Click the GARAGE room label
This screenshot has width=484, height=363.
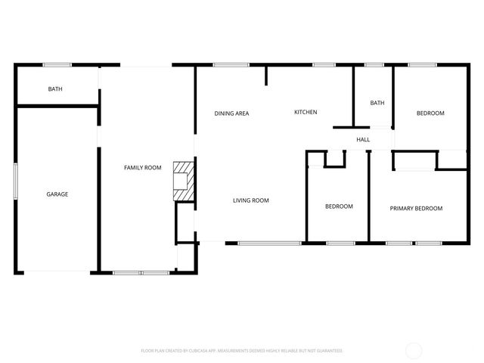(57, 194)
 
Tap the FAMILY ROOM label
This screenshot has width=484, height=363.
(143, 167)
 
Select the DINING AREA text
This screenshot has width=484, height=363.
(231, 113)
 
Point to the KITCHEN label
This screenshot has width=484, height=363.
(306, 113)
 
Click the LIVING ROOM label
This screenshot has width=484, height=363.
(251, 200)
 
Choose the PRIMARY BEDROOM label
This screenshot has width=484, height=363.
(416, 208)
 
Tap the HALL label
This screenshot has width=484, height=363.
(363, 140)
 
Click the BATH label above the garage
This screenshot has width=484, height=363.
(55, 89)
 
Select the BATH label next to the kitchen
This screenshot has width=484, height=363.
(377, 103)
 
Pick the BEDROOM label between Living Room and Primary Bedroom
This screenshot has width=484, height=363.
(339, 206)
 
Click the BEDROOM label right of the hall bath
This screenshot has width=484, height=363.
(430, 113)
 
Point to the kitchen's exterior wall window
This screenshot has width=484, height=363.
(324, 65)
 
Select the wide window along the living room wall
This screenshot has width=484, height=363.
(270, 243)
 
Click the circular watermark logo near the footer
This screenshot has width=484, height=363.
(414, 350)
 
